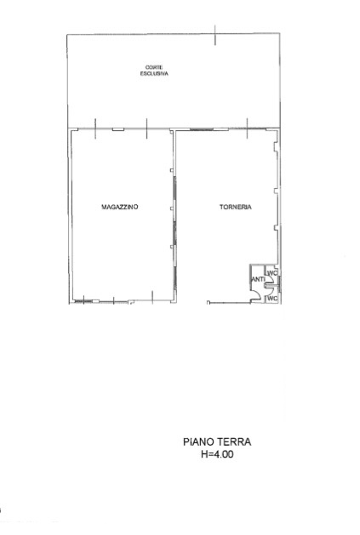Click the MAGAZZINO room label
120,207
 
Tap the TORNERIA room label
236,207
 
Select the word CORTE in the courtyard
154,67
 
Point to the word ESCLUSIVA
154,73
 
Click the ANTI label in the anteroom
258,280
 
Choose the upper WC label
272,273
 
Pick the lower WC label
272,299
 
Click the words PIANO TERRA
217,441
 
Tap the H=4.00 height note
217,454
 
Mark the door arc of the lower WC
270,290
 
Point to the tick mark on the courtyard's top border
215,35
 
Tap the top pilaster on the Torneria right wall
276,146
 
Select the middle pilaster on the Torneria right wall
276,191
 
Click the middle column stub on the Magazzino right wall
173,208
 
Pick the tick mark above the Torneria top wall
248,128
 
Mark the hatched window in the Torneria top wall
202,129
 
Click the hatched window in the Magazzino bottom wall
83,301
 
